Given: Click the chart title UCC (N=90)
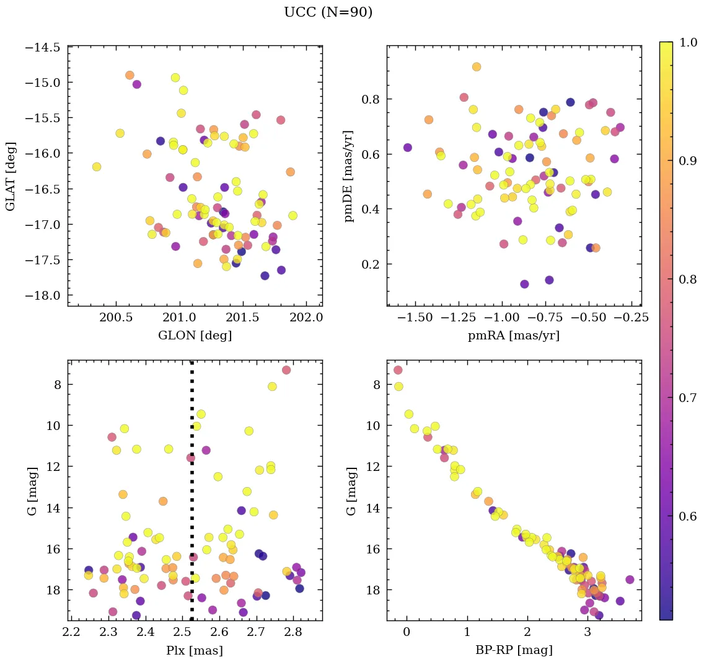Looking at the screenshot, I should pyautogui.click(x=328, y=12).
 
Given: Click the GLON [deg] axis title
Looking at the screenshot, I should pyautogui.click(x=195, y=336).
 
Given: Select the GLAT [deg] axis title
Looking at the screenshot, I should pyautogui.click(x=11, y=176).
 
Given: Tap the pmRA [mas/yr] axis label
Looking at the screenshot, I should pyautogui.click(x=514, y=336).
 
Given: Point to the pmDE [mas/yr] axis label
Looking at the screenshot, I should pyautogui.click(x=350, y=176).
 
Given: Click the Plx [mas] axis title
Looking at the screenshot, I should pyautogui.click(x=195, y=650).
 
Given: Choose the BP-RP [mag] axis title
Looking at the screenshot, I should pyautogui.click(x=514, y=650).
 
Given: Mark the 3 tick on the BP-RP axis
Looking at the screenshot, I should pyautogui.click(x=587, y=633).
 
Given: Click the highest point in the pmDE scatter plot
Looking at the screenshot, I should pyautogui.click(x=477, y=67).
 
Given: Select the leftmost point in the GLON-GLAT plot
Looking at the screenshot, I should pyautogui.click(x=97, y=166).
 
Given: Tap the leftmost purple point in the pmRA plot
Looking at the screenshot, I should pyautogui.click(x=408, y=148).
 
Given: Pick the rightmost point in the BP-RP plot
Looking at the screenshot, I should pyautogui.click(x=630, y=579).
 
